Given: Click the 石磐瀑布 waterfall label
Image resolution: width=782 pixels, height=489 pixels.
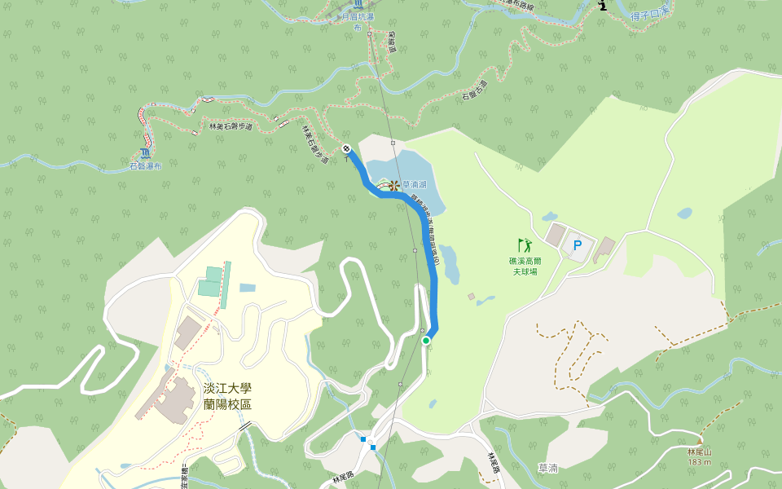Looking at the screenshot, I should point(146,166).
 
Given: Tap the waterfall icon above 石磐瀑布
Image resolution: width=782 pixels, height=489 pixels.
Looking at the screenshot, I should point(145,152).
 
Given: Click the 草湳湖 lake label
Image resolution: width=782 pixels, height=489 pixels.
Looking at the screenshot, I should point(415,185).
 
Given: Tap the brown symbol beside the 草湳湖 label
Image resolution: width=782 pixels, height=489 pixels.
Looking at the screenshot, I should point(394,185).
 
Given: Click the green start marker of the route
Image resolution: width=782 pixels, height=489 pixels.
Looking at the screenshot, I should point(426,340).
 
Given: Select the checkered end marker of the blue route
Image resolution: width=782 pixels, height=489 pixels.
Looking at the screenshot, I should point(347,148).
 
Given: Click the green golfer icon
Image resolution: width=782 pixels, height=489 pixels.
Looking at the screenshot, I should point(524,244).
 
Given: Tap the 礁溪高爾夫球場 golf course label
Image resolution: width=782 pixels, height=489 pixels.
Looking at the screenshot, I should point(525,266).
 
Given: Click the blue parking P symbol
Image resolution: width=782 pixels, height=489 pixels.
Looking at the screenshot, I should point(578,244).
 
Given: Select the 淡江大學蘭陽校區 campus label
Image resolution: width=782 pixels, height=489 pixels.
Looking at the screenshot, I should point(227,397).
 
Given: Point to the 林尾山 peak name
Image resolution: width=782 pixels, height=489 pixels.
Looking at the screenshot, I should point(699,452).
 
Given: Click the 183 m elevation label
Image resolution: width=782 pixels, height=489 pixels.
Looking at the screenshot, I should point(699,462).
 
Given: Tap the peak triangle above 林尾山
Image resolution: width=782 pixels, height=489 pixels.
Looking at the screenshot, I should point(699,442).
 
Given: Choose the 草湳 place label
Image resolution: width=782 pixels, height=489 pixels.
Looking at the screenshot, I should point(548,468).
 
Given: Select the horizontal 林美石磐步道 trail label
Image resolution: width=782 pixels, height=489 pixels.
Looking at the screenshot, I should point(231,127).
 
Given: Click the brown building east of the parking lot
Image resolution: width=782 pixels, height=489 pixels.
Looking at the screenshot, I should point(604,249).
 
